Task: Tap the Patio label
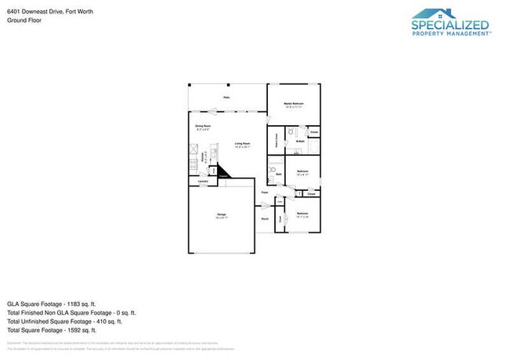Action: tap(226, 98)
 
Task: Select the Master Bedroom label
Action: tap(293, 104)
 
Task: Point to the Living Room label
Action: tap(242, 144)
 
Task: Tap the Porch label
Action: tap(265, 219)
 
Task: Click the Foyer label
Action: tap(265, 192)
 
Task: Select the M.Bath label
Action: tap(300, 141)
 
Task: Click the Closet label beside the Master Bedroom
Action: tap(313, 132)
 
